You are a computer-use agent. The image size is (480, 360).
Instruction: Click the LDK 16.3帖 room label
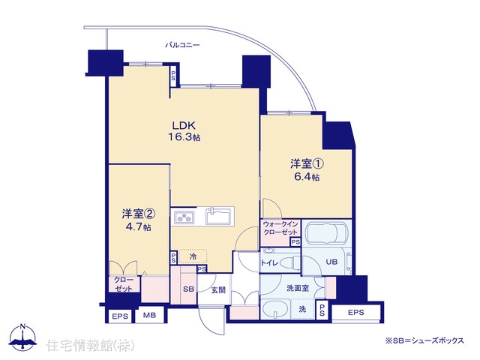coord(184,131)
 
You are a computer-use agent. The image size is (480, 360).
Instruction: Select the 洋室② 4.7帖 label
coord(138,220)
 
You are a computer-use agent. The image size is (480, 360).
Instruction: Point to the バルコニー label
coord(182,45)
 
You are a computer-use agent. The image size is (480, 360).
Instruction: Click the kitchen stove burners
coord(184,217)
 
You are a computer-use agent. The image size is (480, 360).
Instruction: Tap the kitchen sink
coord(218,216)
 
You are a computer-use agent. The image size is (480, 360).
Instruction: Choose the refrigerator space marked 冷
coord(193,256)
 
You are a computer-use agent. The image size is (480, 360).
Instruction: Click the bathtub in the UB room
coord(327,232)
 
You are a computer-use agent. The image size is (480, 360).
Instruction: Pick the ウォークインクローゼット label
coord(280,228)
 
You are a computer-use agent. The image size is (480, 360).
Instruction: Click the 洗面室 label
coord(298,288)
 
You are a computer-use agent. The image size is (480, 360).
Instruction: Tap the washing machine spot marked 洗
coord(302,309)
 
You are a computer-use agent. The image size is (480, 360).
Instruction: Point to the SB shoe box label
coord(188,289)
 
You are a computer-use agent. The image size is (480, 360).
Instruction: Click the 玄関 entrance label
coord(218,290)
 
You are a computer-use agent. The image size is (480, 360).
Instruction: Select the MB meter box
coord(150,315)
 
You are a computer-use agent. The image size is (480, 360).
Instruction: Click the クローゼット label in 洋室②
coord(124,284)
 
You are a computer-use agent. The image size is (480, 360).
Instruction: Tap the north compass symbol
coord(22,337)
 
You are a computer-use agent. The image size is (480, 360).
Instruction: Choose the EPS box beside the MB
coord(120,316)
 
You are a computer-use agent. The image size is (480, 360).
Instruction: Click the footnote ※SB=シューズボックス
coord(424,340)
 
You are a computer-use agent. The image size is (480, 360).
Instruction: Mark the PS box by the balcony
coord(173,76)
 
